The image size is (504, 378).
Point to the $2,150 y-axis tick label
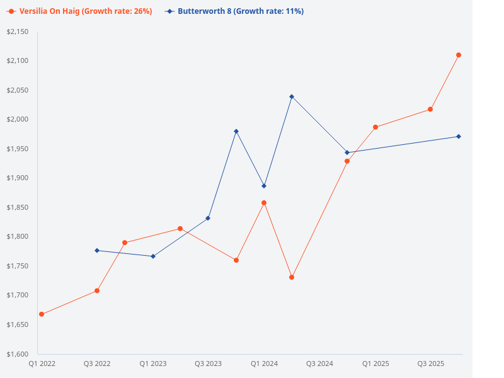[18, 31]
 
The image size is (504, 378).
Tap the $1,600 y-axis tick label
[18, 354]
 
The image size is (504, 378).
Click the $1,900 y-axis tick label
[18, 178]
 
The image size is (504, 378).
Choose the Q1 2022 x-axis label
[42, 364]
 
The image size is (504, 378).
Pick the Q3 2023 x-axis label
[208, 364]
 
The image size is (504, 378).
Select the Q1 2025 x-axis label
[375, 364]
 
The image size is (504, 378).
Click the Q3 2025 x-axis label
[431, 364]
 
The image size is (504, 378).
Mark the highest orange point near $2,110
[459, 55]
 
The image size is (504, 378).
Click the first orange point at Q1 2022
[42, 314]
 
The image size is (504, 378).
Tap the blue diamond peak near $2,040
[292, 96]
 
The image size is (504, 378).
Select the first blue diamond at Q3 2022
[97, 251]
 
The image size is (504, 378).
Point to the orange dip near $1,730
[292, 277]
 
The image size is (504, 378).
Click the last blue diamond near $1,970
[459, 137]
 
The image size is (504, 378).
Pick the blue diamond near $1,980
[236, 131]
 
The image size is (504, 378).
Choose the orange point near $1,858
[264, 203]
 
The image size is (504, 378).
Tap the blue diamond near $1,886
[264, 186]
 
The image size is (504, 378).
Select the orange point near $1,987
[375, 127]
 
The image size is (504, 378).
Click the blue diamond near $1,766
[153, 256]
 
